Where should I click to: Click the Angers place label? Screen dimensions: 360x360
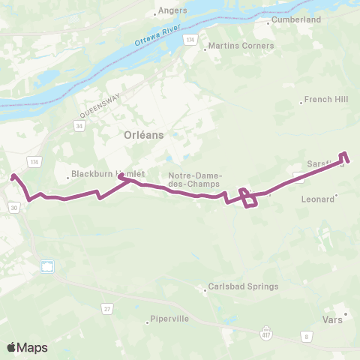166,11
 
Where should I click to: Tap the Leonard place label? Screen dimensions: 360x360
316,199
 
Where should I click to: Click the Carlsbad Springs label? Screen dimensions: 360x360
234,286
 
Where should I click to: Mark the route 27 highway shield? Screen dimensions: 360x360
107,308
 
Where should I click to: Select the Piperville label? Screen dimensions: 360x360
169,319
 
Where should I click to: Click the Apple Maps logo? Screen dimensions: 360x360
26,347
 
